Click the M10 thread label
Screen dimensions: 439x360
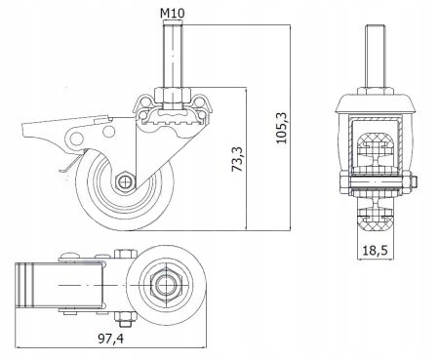coord(173,13)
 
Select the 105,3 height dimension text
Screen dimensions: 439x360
coord(282,128)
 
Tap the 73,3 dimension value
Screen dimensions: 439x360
coord(237,159)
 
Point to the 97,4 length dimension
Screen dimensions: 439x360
coord(110,339)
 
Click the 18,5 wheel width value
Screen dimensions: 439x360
coord(375,251)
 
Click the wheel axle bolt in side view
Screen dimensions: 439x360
coord(124,181)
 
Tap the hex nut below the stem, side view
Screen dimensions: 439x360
coord(173,94)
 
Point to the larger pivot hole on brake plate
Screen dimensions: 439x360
coord(77,139)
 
